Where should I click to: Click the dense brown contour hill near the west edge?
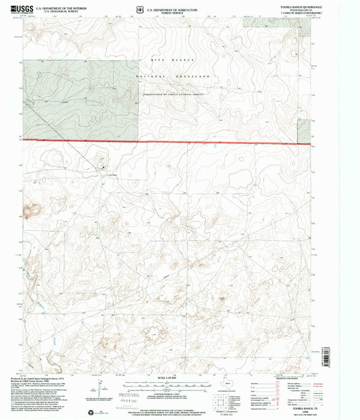30,215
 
